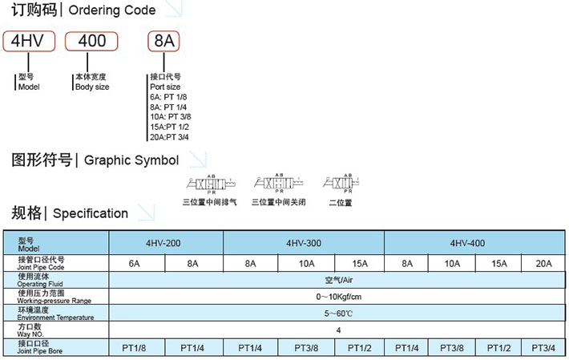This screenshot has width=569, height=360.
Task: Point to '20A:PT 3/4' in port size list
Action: coord(170,136)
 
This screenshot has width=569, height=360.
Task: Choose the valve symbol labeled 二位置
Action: coord(341,184)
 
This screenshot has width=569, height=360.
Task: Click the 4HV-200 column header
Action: coord(165,243)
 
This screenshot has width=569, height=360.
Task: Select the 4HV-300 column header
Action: coord(305,243)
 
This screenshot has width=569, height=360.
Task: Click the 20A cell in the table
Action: coord(543,262)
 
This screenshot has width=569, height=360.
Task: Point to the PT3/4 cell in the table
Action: coord(543,347)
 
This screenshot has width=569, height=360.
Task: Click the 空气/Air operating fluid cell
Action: coord(337,280)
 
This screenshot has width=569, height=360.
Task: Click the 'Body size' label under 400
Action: coord(92,87)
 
